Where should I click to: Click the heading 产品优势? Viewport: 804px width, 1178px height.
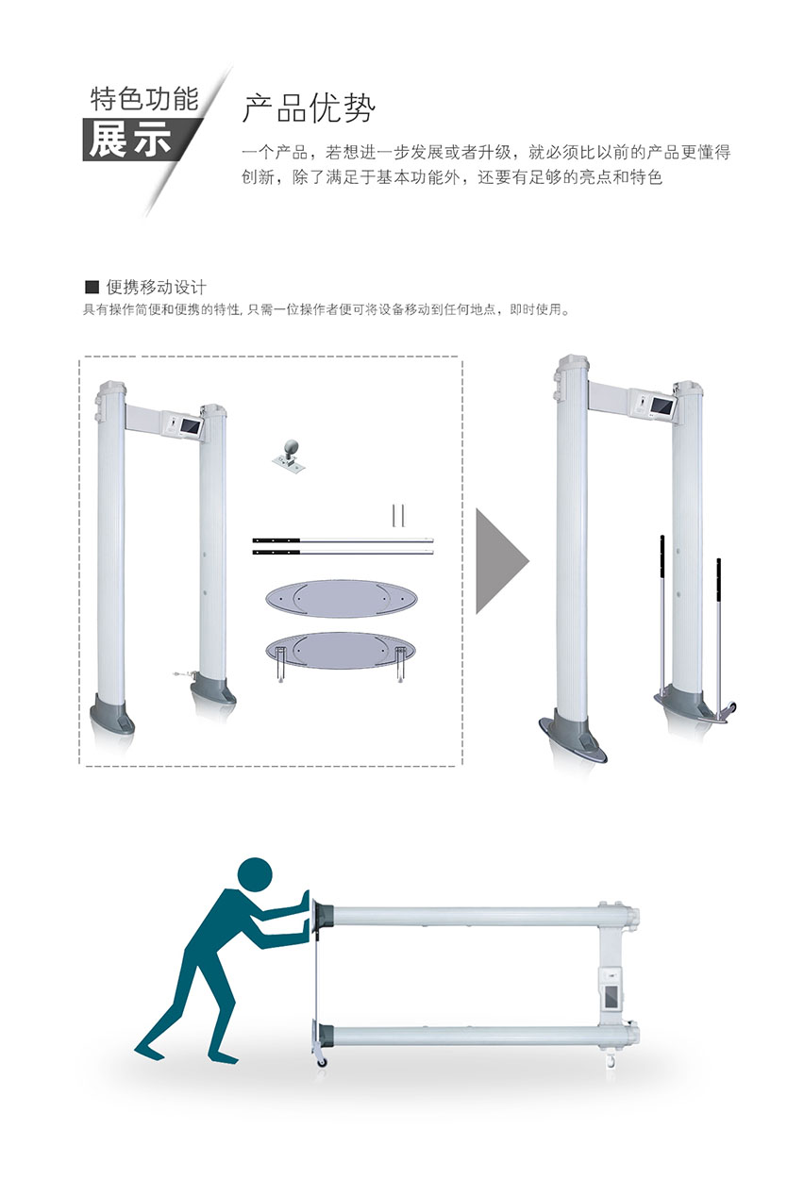coord(309,108)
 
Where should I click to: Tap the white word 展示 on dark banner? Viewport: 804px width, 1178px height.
coord(130,139)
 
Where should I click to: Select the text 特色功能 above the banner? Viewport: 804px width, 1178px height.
coord(144,98)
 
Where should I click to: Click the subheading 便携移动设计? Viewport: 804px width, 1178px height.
coord(157,287)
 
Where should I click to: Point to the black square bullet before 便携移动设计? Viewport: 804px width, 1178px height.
coord(92,287)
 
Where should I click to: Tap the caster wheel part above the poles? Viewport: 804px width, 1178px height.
coord(290,454)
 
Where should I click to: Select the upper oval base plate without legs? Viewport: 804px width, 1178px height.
coord(341,599)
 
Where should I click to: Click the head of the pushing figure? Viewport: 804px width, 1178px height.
coord(255,874)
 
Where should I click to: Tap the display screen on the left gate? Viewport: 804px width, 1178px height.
coord(190,425)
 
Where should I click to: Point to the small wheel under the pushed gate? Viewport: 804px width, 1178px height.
coord(322,1062)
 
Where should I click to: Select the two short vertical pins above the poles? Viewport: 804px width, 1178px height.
coord(398,516)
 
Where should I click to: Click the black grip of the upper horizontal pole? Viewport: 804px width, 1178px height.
coord(276,540)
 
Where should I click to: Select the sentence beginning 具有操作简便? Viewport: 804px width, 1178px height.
coord(327,309)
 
